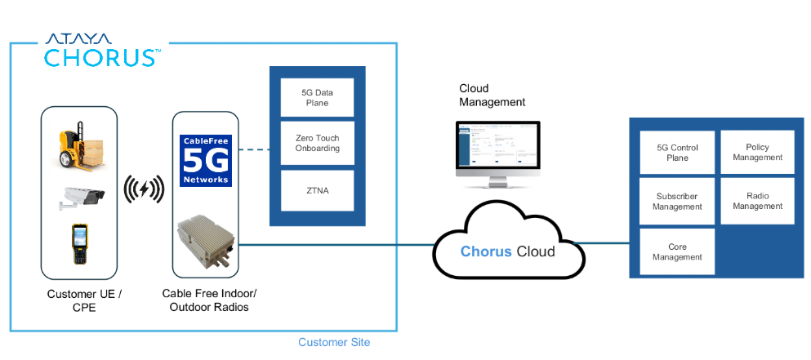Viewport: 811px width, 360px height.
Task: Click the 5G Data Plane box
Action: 317,99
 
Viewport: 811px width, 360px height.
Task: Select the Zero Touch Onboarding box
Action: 317,144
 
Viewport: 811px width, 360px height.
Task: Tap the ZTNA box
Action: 317,190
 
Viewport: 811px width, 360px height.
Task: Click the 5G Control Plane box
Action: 677,153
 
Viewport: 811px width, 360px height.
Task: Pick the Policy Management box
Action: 757,152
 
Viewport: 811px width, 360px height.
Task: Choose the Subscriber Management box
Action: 677,202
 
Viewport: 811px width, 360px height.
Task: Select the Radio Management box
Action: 757,201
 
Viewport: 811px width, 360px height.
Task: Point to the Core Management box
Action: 677,251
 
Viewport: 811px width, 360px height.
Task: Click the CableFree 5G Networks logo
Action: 206,160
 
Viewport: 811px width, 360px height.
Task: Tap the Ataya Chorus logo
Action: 101,50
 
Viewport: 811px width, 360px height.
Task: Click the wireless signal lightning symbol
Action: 144,190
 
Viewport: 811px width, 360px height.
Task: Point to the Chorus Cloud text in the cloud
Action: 507,251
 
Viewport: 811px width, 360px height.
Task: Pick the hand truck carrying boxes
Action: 79,146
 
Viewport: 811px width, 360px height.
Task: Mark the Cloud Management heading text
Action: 492,96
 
